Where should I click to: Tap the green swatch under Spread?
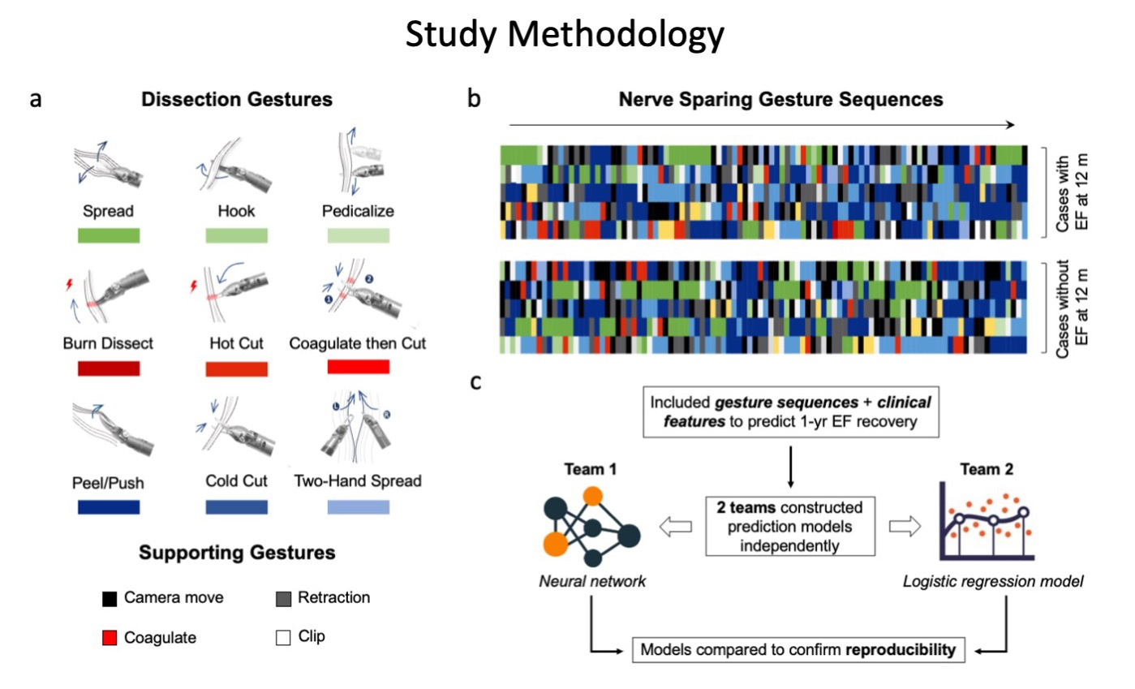(x=110, y=235)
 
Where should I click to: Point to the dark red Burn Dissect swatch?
(x=110, y=368)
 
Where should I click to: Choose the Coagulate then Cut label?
(x=358, y=344)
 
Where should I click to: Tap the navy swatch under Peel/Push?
(x=110, y=507)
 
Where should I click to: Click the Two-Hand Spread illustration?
(x=358, y=434)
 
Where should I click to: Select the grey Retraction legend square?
(x=283, y=599)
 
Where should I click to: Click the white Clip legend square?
(x=283, y=637)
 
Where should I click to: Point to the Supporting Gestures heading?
(x=237, y=554)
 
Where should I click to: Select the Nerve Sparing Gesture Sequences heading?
(x=780, y=100)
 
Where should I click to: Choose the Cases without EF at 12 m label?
(x=1071, y=307)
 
